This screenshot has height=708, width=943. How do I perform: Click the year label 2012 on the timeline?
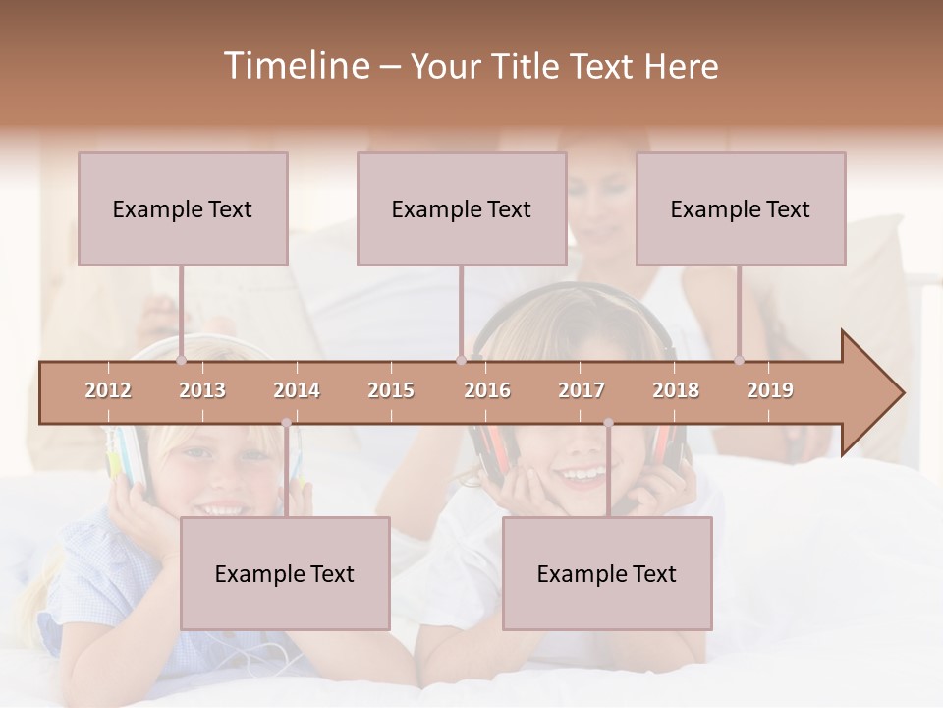(108, 390)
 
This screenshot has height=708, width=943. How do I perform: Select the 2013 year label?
(202, 390)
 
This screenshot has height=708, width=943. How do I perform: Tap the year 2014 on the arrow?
(297, 390)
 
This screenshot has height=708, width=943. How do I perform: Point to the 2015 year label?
(391, 390)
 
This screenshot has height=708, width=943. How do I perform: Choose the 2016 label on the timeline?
(487, 390)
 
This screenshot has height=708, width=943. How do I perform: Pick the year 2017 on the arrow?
(582, 390)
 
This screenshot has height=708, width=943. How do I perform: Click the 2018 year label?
(676, 390)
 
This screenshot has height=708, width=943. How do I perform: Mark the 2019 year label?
(770, 390)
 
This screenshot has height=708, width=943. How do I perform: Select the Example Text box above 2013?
(183, 208)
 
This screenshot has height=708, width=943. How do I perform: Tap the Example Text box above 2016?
(462, 208)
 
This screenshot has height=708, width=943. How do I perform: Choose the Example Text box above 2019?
(741, 208)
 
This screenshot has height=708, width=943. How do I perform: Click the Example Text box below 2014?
(285, 573)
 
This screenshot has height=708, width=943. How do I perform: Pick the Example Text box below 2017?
(607, 573)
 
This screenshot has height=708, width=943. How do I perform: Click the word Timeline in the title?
(295, 66)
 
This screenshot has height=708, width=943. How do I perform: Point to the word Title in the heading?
(528, 67)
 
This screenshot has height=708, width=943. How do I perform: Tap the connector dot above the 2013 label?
(181, 361)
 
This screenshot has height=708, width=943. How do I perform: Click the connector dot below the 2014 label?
(286, 423)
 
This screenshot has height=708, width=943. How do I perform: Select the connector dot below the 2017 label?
(608, 423)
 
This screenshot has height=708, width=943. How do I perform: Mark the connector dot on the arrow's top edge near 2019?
(739, 361)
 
